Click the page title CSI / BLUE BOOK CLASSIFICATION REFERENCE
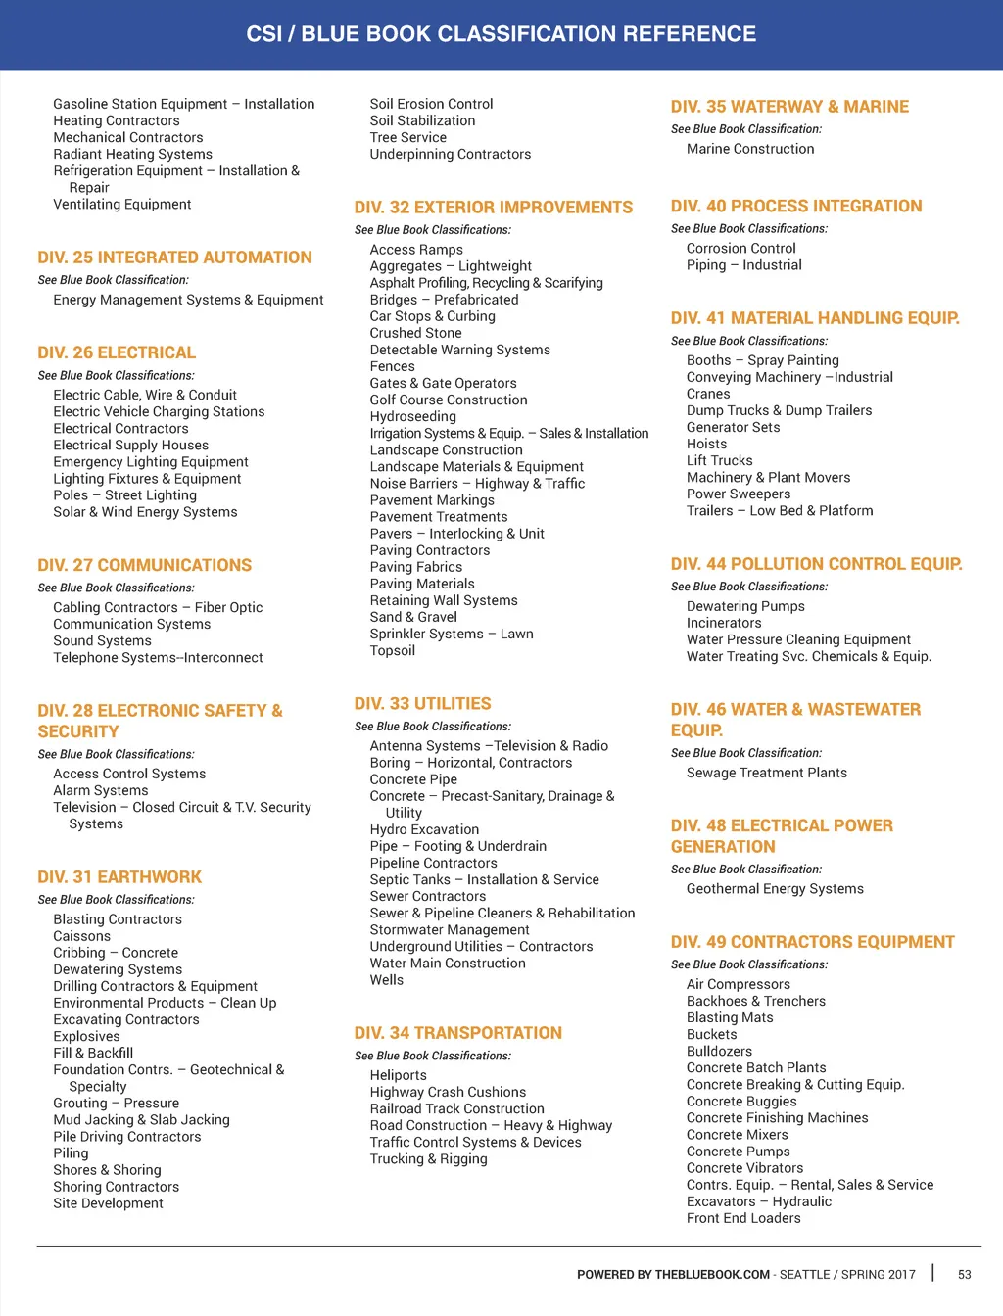point(501,34)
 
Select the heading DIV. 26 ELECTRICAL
point(117,352)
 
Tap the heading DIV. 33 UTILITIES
point(422,704)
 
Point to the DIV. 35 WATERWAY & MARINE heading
point(789,107)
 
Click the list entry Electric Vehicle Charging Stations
point(159,412)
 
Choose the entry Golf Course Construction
point(448,400)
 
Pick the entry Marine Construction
point(749,149)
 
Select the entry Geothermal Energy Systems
point(775,889)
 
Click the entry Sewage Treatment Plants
point(766,773)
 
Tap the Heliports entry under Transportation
point(398,1075)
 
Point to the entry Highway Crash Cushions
point(448,1092)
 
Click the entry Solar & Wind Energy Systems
point(145,512)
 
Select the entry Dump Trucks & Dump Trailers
point(779,410)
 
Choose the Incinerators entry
point(723,623)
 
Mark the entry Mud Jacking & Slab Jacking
point(141,1120)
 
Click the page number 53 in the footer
point(964,1274)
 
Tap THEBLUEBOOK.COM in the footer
point(712,1275)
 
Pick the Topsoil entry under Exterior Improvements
point(392,650)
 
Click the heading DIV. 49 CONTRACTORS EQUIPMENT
point(812,942)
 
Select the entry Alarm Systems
point(100,790)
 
